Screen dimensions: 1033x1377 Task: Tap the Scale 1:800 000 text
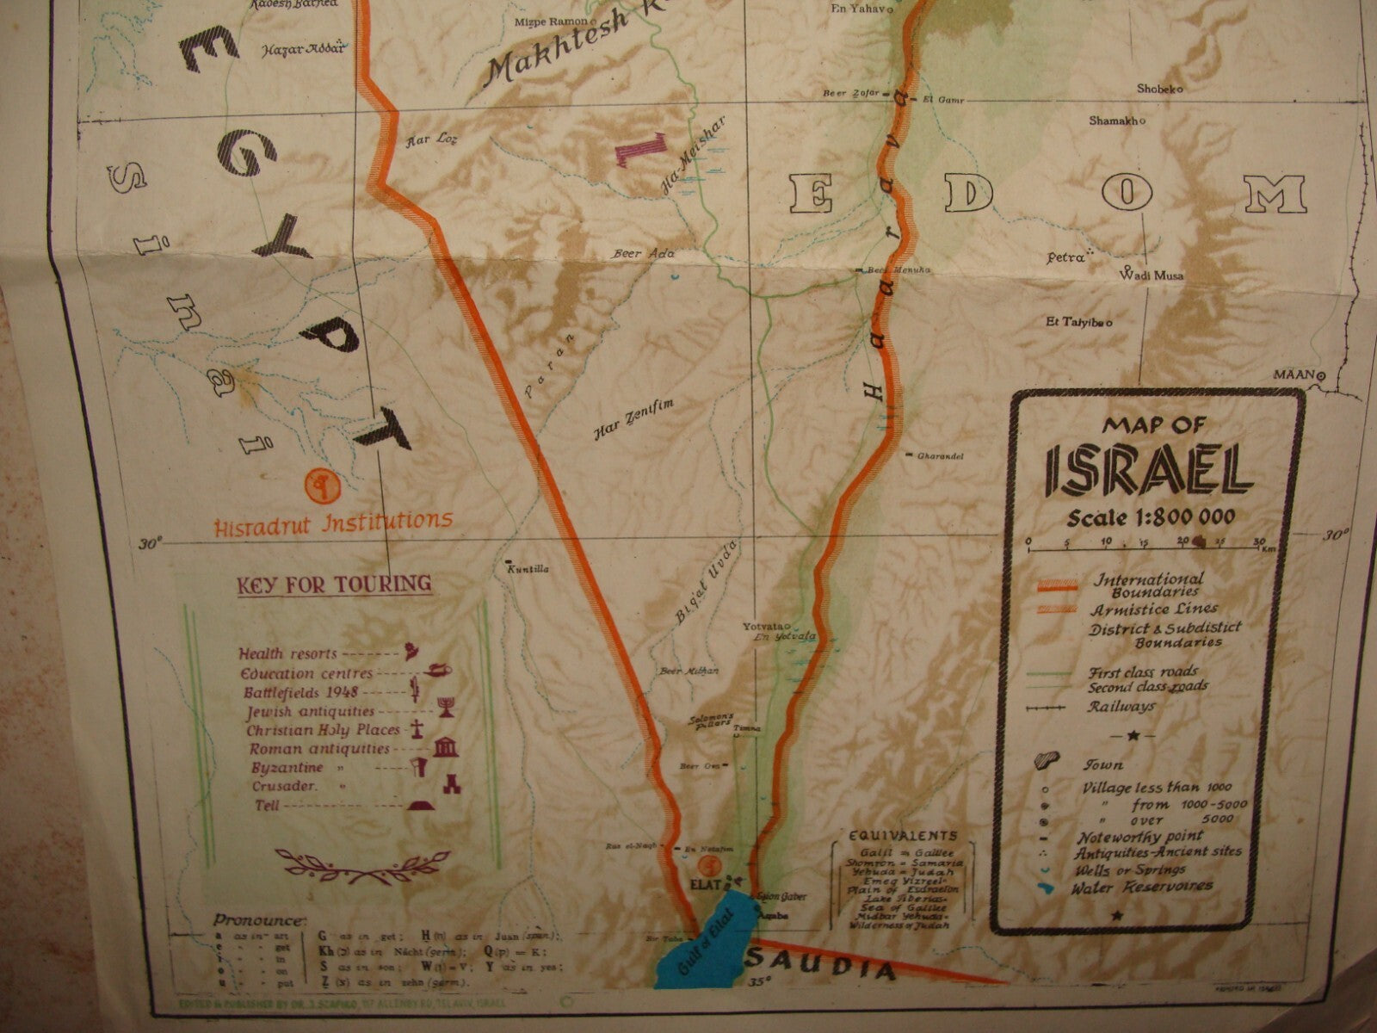tap(1152, 517)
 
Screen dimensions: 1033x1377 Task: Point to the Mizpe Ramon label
tap(551, 22)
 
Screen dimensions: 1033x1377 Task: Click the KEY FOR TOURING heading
tap(335, 585)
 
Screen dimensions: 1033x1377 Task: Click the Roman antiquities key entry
tap(320, 750)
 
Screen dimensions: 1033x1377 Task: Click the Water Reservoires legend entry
tap(1143, 886)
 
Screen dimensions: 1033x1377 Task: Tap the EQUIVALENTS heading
tap(902, 835)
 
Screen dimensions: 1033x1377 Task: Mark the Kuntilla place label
tap(528, 569)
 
